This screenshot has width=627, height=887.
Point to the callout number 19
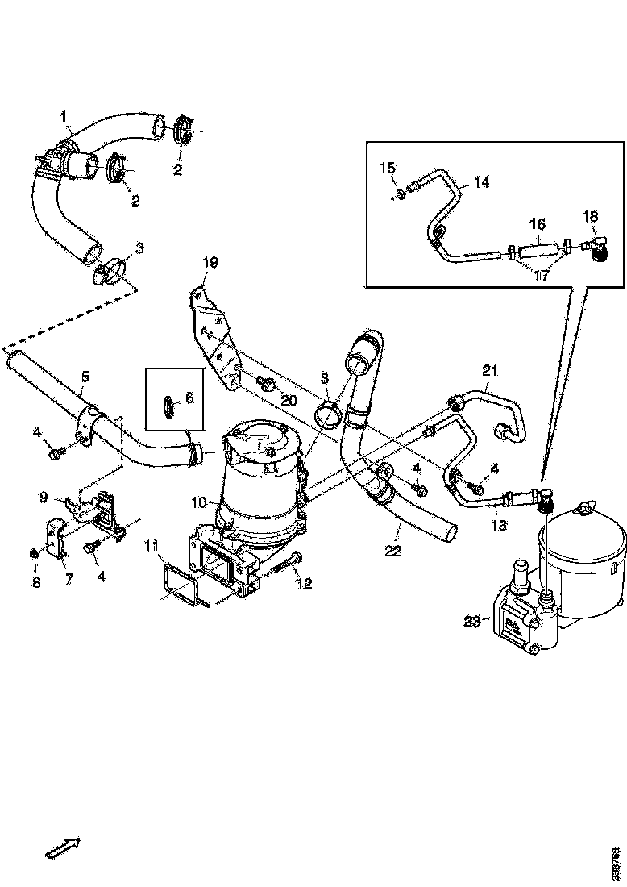click(x=210, y=262)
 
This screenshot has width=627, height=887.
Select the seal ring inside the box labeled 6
click(x=168, y=407)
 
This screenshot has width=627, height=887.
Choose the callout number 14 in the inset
click(x=481, y=183)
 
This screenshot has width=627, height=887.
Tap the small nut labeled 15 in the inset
click(x=401, y=193)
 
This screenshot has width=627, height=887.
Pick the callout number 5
click(x=85, y=376)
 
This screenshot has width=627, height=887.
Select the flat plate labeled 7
click(x=55, y=541)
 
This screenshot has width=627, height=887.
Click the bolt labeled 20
click(x=264, y=383)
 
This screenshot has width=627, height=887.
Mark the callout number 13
click(x=500, y=525)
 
